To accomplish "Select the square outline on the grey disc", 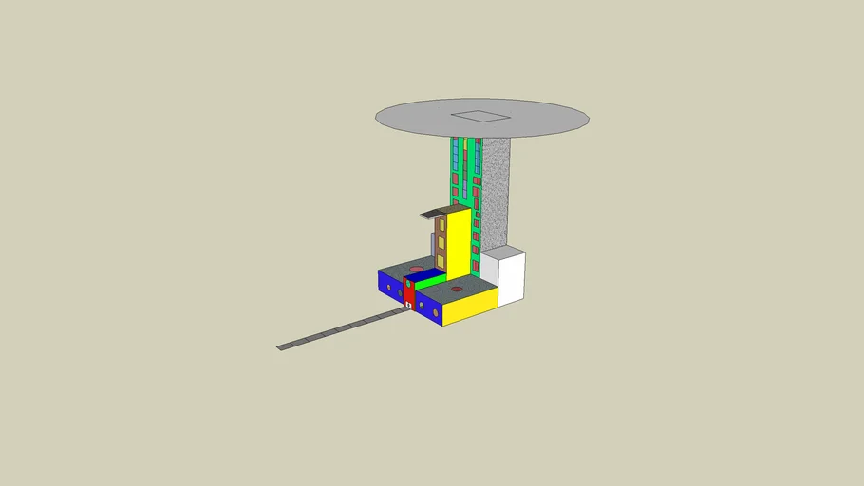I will [x=481, y=117].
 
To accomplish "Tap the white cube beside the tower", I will [x=509, y=277].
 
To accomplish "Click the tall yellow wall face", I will [x=458, y=245].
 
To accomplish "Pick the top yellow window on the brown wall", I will [x=441, y=226].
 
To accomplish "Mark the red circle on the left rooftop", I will [x=416, y=270].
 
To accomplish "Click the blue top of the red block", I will [x=419, y=276].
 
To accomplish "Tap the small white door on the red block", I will [x=408, y=306].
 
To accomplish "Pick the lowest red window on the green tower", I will [x=475, y=268].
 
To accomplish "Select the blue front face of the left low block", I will [x=389, y=285].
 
